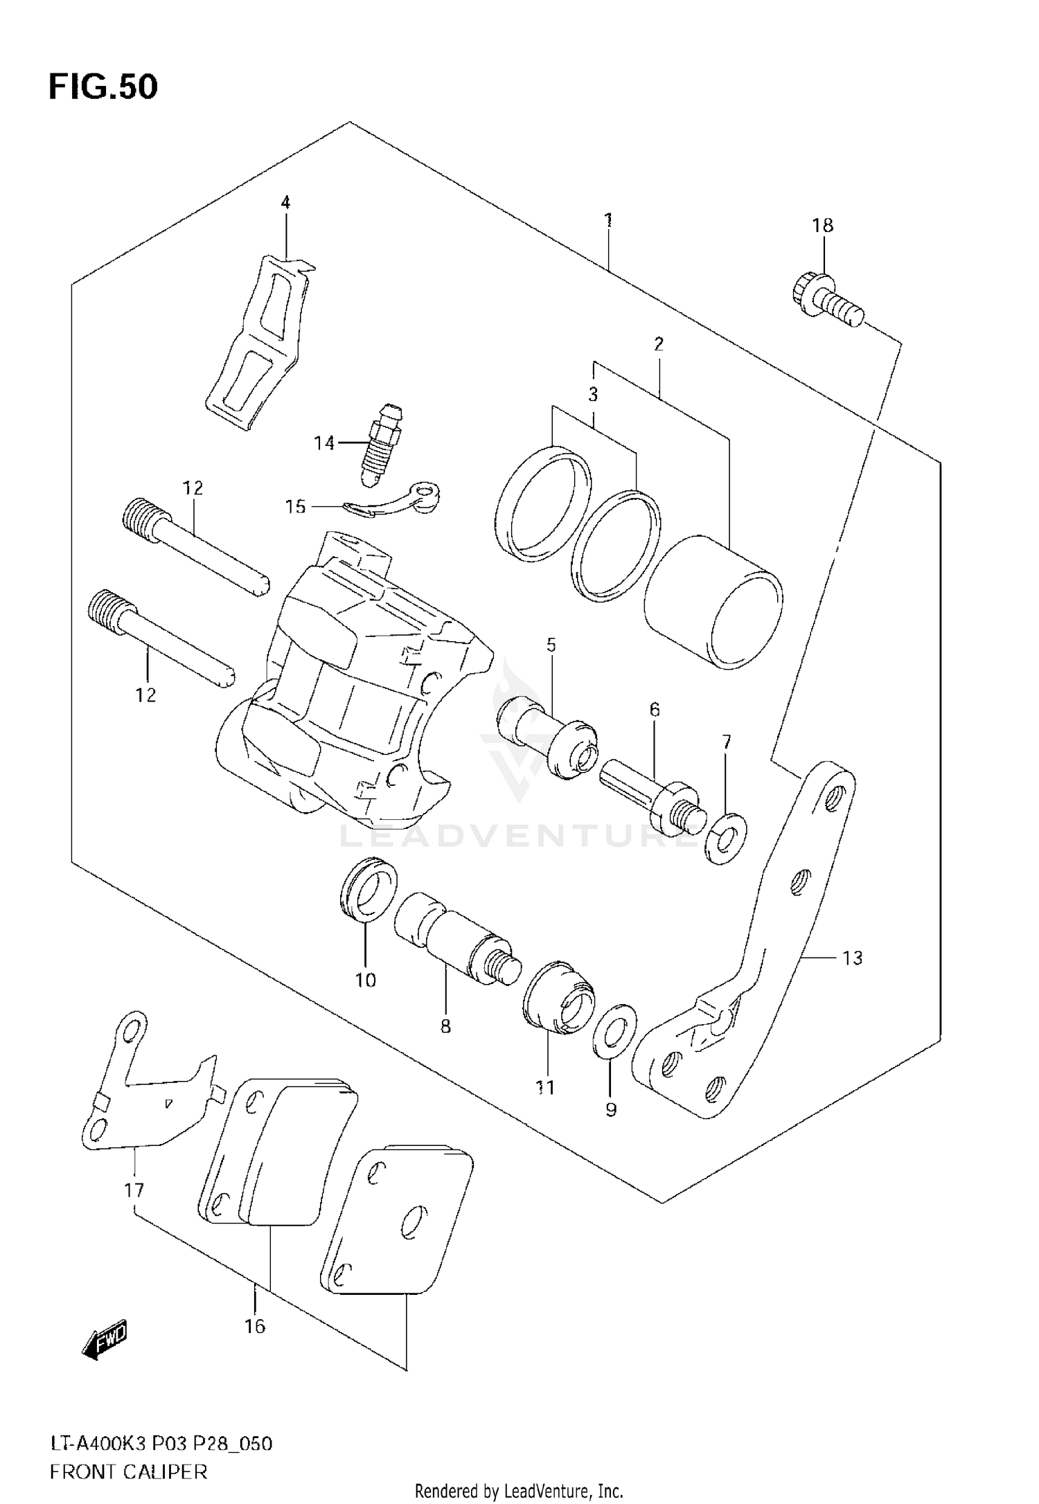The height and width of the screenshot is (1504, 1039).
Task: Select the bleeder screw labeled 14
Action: (x=380, y=443)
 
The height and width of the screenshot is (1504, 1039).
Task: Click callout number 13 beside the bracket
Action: (x=852, y=958)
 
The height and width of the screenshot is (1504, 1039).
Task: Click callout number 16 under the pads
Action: (x=255, y=1326)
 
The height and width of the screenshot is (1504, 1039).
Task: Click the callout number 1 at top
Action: (x=607, y=221)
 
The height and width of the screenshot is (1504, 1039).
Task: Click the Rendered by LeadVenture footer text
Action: (x=519, y=1492)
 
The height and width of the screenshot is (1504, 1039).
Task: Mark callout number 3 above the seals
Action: (x=593, y=395)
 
